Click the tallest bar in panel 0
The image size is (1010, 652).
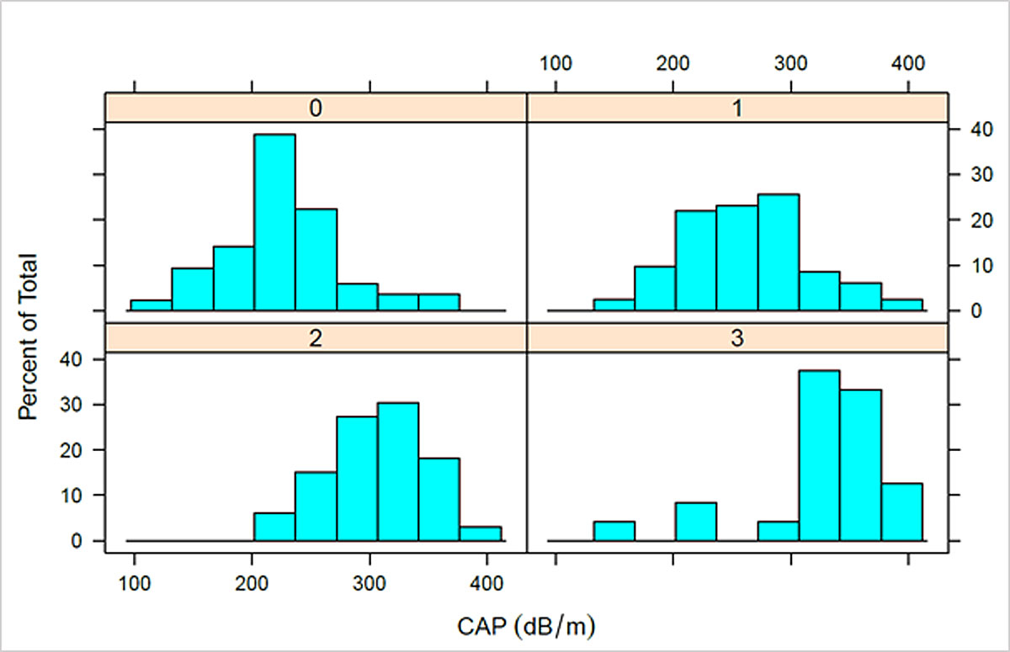click(x=274, y=222)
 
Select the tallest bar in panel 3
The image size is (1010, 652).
click(x=819, y=455)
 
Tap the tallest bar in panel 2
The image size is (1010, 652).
click(x=398, y=471)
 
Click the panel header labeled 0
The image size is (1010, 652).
click(x=316, y=109)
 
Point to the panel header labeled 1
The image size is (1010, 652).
click(x=737, y=109)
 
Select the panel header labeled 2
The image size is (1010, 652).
click(x=316, y=338)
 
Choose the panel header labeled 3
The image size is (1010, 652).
click(x=737, y=338)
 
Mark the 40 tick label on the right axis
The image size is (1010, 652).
click(x=973, y=130)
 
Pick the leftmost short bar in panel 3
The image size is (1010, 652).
click(x=614, y=531)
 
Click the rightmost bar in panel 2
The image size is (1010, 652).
click(x=481, y=533)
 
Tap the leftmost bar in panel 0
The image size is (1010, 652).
click(x=151, y=305)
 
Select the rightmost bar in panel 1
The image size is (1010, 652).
click(x=901, y=305)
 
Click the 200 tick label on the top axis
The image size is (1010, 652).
click(x=672, y=63)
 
